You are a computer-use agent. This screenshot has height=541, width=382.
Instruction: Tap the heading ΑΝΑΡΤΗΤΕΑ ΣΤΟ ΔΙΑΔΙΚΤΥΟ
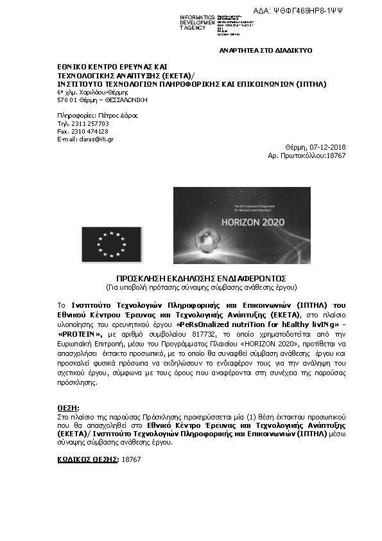coord(265,49)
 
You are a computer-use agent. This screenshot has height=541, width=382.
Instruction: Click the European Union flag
coord(112,244)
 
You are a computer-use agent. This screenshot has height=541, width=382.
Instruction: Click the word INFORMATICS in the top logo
coord(197,17)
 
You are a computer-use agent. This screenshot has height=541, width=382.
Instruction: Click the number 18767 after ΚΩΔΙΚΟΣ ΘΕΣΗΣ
coord(131,459)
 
